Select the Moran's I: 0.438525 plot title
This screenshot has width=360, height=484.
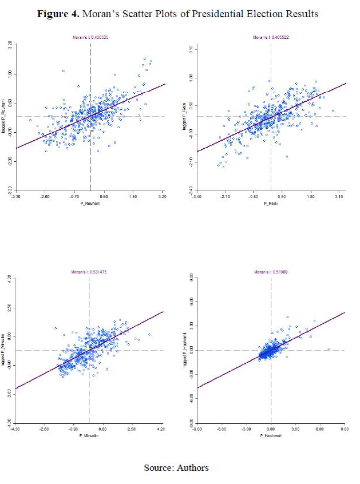click(x=90, y=38)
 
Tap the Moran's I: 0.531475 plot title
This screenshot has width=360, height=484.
click(x=89, y=272)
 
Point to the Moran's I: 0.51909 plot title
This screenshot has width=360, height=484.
click(x=270, y=272)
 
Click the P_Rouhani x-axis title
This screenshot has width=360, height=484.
click(x=90, y=203)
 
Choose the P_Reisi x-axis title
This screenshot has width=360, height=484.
click(x=271, y=203)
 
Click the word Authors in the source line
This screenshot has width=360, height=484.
click(x=192, y=468)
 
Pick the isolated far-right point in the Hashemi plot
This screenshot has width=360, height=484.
click(x=329, y=349)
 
